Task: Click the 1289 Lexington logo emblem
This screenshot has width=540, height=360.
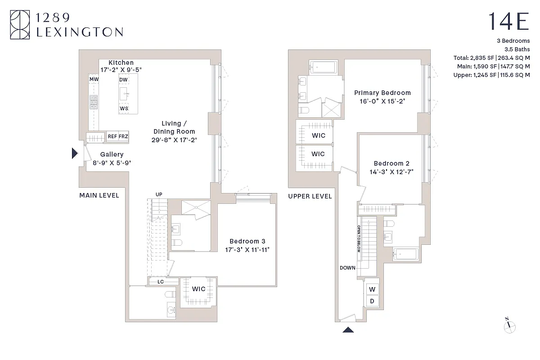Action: click(x=21, y=25)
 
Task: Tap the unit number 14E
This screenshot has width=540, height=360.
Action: click(x=508, y=22)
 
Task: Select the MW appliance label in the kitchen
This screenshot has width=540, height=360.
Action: click(x=94, y=80)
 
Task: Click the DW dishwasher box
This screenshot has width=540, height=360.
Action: click(x=124, y=80)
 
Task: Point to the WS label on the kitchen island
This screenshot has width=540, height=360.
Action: click(x=124, y=108)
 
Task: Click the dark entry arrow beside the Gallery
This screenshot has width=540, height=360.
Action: click(x=75, y=153)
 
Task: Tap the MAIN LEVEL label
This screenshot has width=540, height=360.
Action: click(x=99, y=195)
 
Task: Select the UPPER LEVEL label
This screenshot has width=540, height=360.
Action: click(x=310, y=196)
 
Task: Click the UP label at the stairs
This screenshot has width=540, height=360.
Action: click(x=159, y=194)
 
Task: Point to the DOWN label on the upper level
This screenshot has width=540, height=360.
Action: click(x=348, y=268)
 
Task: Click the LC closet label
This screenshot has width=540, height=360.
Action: click(x=161, y=282)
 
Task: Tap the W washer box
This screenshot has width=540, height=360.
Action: click(x=372, y=289)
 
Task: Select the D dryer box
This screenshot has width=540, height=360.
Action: click(x=372, y=301)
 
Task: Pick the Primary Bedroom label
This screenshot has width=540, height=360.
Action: click(x=382, y=93)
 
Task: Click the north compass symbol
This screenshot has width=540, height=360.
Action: click(x=509, y=326)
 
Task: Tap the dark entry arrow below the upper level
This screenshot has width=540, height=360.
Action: click(x=348, y=329)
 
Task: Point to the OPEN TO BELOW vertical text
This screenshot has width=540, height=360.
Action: click(x=359, y=238)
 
